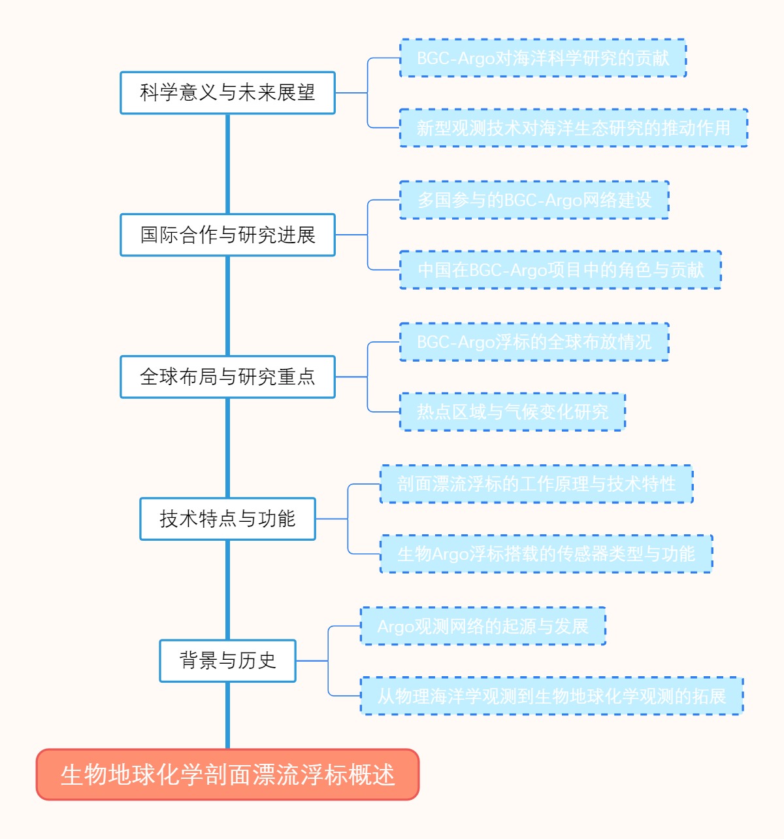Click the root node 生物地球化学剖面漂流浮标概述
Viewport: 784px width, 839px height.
(227, 775)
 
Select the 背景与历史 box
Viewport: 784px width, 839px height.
(227, 660)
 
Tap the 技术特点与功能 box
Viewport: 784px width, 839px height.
(227, 519)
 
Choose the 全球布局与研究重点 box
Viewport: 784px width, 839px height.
(227, 377)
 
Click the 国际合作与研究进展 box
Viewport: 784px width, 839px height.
(227, 235)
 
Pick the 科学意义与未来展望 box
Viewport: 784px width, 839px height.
(227, 93)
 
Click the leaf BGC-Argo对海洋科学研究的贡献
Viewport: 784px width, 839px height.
(543, 58)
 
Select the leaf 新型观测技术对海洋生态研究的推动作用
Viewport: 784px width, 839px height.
(574, 128)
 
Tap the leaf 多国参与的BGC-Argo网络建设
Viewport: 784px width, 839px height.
(534, 200)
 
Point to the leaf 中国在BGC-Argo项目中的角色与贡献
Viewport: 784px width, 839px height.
(561, 269)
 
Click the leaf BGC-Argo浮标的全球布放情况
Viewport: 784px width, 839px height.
(534, 342)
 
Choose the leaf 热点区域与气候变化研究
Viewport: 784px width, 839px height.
(512, 412)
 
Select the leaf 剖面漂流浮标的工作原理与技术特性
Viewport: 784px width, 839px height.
(536, 484)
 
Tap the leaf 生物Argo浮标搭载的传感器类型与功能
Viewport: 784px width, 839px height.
(546, 554)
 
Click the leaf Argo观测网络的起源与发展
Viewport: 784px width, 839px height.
(483, 626)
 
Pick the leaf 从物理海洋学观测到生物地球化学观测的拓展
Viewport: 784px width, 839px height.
(552, 696)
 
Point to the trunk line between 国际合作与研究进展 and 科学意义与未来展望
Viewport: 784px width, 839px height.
(227, 163)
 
